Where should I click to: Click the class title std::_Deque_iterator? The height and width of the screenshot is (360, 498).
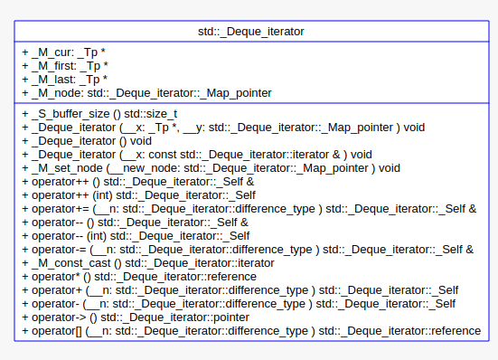(x=250, y=31)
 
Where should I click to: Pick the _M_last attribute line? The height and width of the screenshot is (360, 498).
(x=65, y=79)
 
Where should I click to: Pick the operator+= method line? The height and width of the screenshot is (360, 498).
(x=249, y=208)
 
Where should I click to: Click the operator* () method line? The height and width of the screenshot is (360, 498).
(x=145, y=276)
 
